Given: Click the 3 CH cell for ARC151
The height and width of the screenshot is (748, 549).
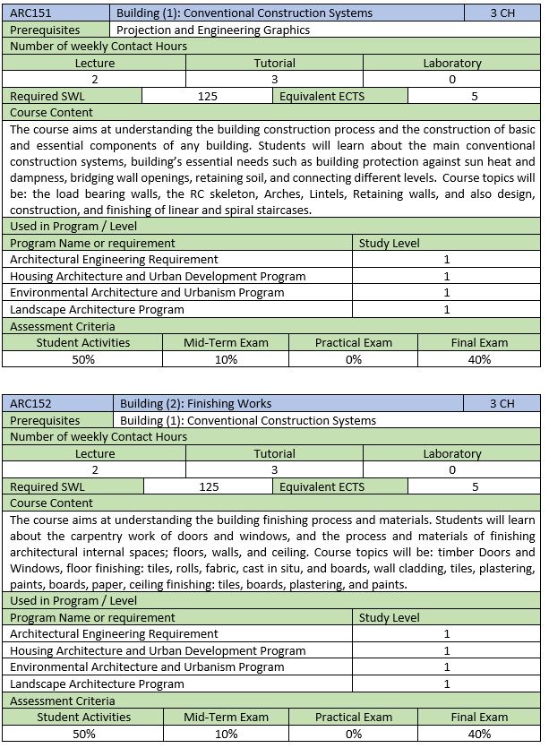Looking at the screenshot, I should [x=502, y=13].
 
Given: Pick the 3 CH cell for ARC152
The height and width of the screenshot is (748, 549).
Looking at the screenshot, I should [x=502, y=403].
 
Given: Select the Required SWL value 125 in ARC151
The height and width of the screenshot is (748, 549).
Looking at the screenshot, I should [x=208, y=96].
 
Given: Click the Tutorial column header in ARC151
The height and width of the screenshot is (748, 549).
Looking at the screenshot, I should [x=274, y=63].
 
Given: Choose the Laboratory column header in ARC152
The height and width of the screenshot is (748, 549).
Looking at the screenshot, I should [x=451, y=453].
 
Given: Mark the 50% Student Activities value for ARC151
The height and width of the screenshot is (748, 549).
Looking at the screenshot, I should [x=83, y=359].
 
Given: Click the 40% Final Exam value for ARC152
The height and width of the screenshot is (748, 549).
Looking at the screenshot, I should [x=479, y=734].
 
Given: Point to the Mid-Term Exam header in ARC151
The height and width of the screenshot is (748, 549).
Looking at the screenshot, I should [x=226, y=342].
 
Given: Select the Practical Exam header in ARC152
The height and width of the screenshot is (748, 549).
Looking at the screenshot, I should [x=354, y=717].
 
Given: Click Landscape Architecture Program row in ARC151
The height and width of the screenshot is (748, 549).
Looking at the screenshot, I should [x=97, y=309].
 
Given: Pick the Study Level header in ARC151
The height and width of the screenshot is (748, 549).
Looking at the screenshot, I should [x=389, y=243].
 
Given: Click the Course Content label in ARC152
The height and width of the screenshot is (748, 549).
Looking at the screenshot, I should [x=51, y=503].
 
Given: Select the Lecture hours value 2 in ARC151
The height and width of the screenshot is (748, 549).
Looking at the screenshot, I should [x=94, y=80].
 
